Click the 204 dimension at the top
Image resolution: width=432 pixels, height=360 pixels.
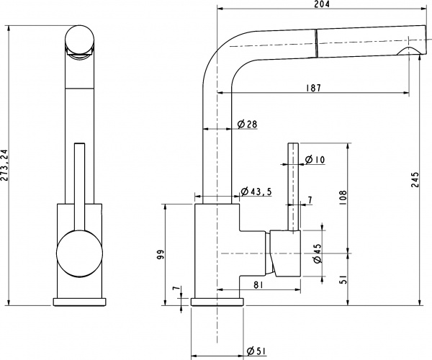[322, 5]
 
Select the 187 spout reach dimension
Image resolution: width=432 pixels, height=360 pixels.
[312, 88]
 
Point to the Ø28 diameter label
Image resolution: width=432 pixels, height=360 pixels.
[247, 125]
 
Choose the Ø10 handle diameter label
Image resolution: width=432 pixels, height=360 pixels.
[314, 158]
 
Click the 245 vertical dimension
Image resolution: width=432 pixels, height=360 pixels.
[415, 184]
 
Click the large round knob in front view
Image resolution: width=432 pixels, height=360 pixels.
[77, 254]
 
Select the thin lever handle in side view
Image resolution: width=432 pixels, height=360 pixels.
[294, 187]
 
